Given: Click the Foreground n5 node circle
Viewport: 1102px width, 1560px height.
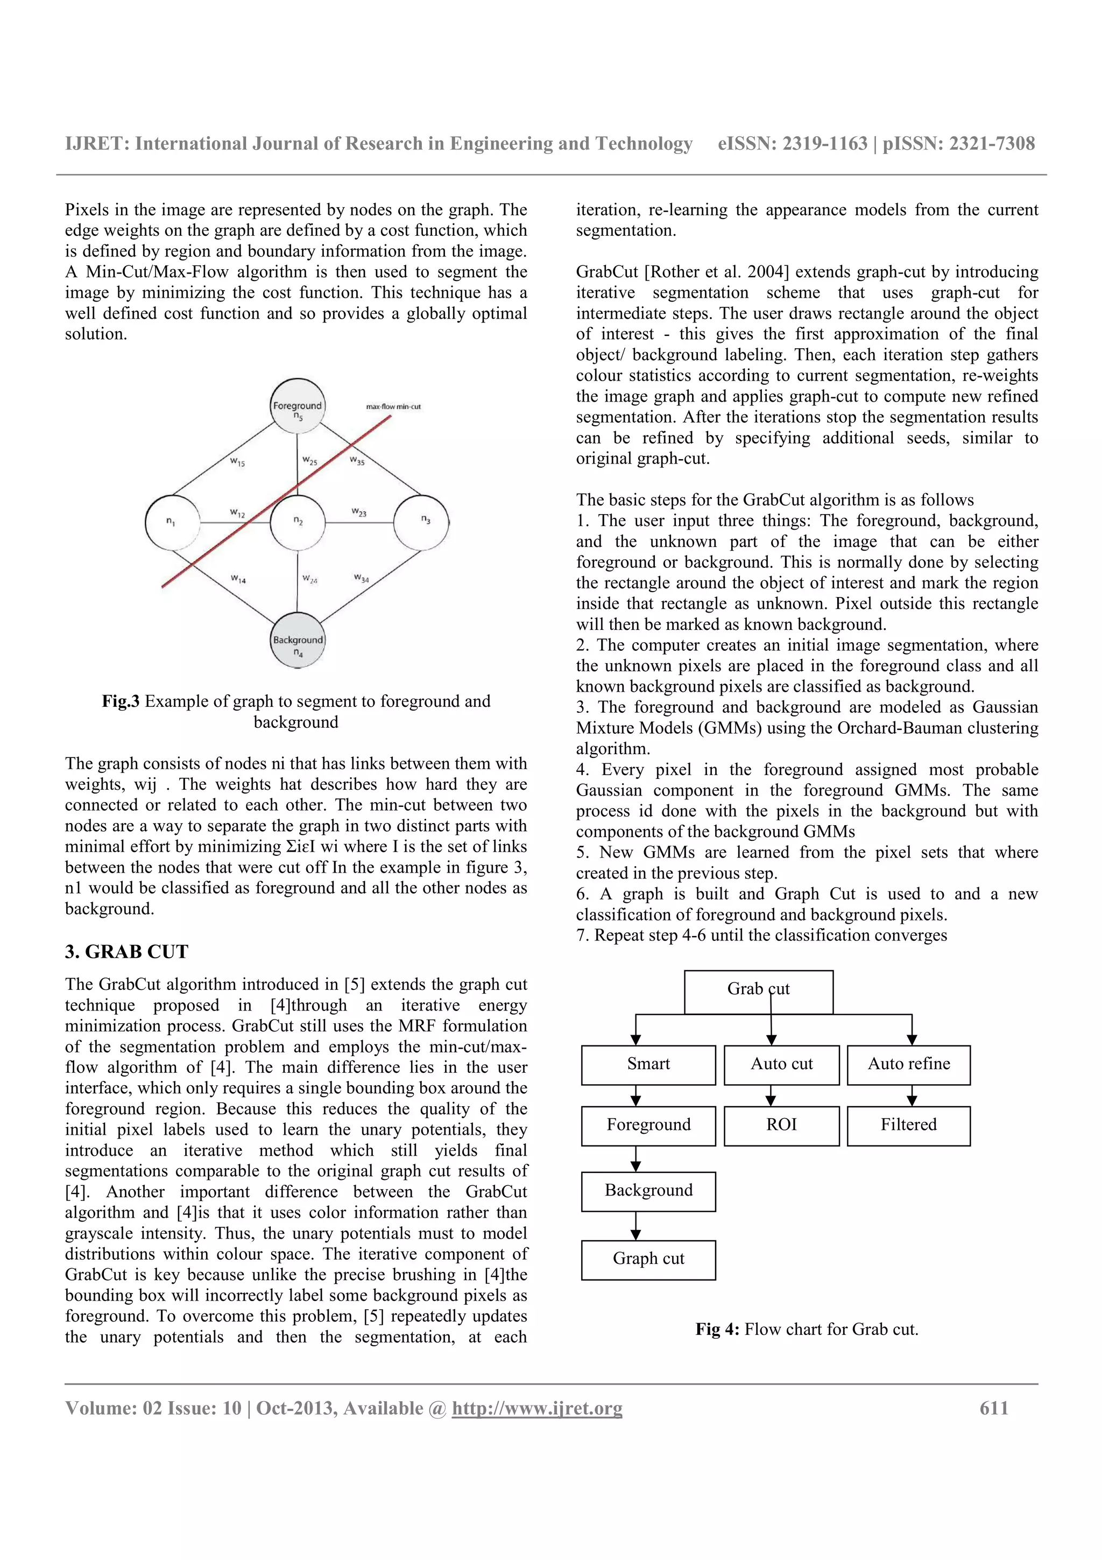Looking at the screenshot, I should coord(298,406).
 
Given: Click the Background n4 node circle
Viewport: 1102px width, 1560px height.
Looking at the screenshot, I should coord(298,641).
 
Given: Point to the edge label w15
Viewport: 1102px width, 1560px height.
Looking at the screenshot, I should coord(237,462).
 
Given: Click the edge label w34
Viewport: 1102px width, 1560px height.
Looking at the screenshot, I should coord(361,578).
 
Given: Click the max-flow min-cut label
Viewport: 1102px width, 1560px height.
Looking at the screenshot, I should coord(393,406).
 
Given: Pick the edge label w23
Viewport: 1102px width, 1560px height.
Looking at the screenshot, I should coord(358,511).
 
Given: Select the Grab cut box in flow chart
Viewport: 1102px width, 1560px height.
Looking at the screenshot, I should coord(758,992).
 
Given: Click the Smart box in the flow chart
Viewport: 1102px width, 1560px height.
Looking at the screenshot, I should coord(648,1065).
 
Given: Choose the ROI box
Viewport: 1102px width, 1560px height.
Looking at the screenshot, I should coord(781,1126).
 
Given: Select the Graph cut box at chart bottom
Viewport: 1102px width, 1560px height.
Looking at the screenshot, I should coord(648,1260).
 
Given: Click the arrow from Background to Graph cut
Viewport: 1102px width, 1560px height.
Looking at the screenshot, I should coord(635,1226).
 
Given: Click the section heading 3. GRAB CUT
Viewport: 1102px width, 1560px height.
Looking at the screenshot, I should coord(126,952).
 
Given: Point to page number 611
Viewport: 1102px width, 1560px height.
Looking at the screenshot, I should coord(993,1408).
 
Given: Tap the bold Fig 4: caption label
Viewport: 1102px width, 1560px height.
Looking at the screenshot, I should coord(717,1330).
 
